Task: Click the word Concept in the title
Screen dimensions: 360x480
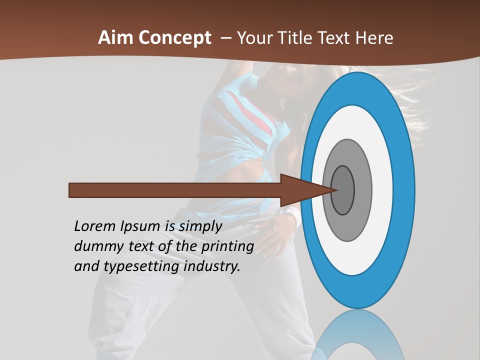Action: click(x=175, y=38)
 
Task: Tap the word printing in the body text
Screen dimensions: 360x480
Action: click(x=227, y=246)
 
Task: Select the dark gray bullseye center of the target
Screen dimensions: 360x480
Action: click(x=343, y=190)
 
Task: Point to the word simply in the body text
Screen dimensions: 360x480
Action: click(x=200, y=226)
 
